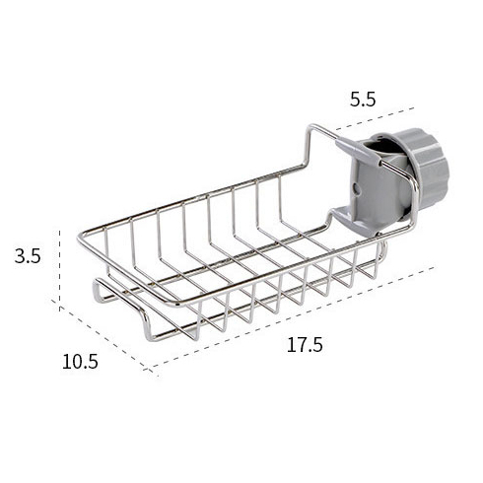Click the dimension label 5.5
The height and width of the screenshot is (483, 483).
pos(363,100)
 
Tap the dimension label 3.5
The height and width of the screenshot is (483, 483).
pos(28,256)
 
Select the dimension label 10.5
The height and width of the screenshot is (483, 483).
pos(80,362)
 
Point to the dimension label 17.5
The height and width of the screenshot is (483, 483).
pos(305,345)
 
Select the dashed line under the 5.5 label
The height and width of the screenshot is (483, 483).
pos(375,119)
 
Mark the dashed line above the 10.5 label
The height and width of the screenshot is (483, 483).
pos(103,337)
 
